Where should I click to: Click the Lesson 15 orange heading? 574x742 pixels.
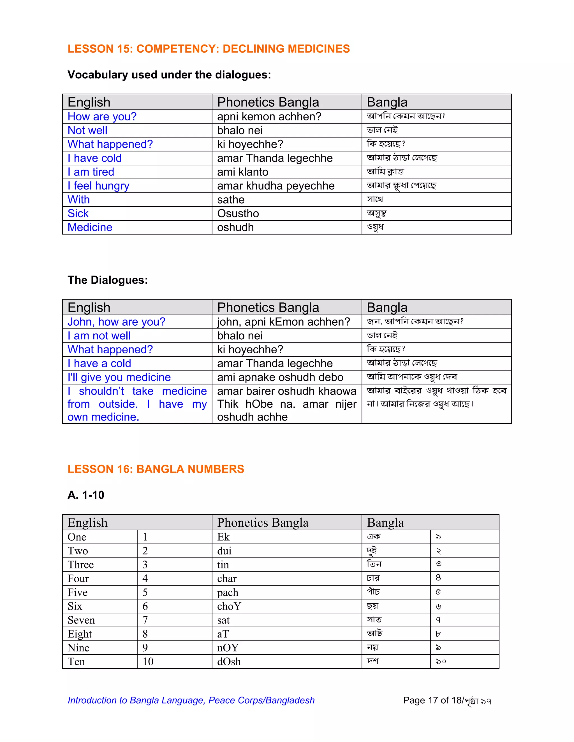click(209, 49)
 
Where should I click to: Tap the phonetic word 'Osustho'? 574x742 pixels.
click(238, 213)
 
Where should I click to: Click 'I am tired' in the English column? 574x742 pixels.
click(91, 172)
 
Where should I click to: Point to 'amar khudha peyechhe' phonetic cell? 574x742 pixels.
click(276, 186)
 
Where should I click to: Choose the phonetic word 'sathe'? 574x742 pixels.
click(231, 200)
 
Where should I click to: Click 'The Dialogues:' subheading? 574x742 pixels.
click(107, 280)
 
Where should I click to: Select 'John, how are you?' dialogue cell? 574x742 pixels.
click(116, 322)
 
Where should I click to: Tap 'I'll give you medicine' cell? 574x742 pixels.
click(119, 377)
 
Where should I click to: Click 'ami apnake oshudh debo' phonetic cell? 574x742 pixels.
click(280, 377)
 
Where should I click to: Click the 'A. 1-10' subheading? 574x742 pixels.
click(86, 495)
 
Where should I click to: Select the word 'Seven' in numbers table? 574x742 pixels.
click(81, 620)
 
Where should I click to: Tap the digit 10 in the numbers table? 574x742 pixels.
click(148, 661)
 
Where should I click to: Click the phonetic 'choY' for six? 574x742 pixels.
click(229, 606)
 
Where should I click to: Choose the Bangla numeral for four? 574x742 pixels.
click(438, 578)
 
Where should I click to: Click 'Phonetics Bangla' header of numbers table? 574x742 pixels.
click(263, 522)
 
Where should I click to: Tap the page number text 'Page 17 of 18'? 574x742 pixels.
click(432, 700)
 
